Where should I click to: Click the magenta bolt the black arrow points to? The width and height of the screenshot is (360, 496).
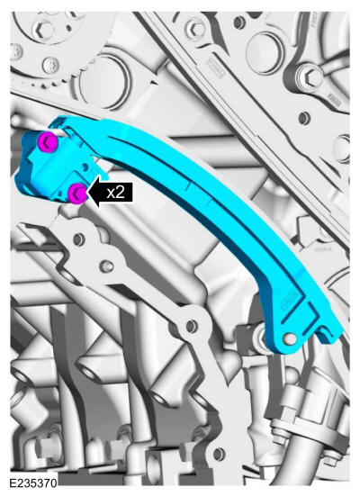(x=77, y=194)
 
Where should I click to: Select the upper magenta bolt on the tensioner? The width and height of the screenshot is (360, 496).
(x=48, y=141)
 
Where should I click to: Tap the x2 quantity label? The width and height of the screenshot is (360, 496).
(x=115, y=193)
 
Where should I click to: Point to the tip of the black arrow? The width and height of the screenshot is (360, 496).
(x=87, y=193)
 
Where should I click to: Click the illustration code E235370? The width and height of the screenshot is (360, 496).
(x=33, y=483)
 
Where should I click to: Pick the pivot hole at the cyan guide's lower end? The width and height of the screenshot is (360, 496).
(x=290, y=338)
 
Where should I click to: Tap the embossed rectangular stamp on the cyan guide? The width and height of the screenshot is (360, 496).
(x=289, y=299)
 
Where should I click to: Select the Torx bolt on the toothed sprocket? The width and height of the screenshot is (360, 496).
(x=51, y=66)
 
